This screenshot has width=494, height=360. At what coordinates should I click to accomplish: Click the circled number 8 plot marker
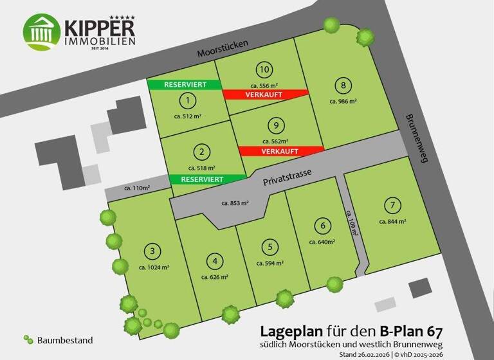[x=344, y=85]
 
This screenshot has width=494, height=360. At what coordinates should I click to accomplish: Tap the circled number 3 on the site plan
[x=152, y=251]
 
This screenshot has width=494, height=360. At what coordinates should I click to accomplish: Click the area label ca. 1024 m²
[x=154, y=267]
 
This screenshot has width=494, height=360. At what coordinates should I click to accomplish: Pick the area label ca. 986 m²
[x=343, y=101]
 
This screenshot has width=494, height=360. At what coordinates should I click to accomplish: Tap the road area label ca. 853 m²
[x=235, y=203]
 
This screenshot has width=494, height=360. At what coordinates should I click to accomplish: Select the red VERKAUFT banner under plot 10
[x=264, y=94]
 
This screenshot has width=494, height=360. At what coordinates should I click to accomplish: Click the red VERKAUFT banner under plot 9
[x=280, y=151]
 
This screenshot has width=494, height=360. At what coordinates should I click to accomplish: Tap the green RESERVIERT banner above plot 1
[x=184, y=84]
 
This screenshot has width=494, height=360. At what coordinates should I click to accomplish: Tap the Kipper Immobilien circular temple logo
[x=42, y=32]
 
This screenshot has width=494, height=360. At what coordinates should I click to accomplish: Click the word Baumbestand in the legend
[x=65, y=340]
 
